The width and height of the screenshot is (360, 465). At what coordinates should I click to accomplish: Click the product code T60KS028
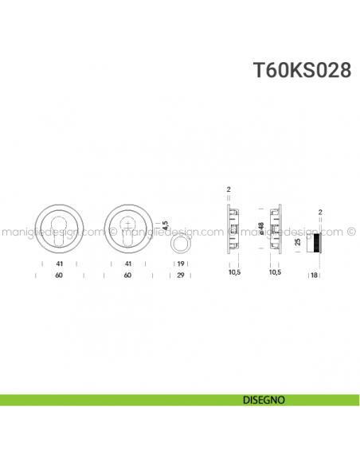click(302, 69)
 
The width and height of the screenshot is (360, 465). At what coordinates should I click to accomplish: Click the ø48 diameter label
click(260, 229)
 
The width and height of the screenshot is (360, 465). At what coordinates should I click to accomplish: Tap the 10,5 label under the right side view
click(276, 272)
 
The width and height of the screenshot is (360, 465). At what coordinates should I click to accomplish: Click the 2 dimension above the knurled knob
click(319, 213)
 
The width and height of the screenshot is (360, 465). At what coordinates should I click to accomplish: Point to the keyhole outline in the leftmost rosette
click(59, 230)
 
